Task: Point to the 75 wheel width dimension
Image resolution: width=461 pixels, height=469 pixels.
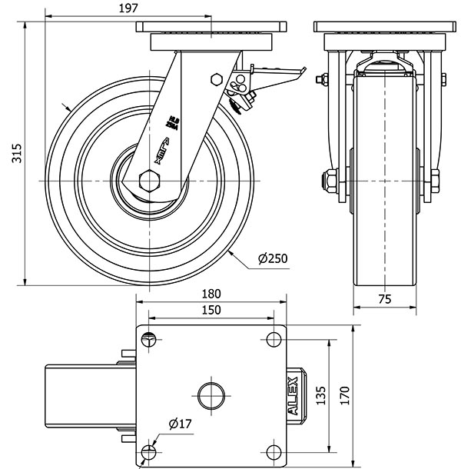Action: click(x=385, y=300)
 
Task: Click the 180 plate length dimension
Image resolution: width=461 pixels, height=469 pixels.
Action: click(x=211, y=293)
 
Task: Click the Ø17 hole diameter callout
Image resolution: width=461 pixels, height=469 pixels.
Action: click(x=177, y=424)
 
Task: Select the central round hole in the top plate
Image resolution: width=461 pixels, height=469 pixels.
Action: click(x=211, y=396)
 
